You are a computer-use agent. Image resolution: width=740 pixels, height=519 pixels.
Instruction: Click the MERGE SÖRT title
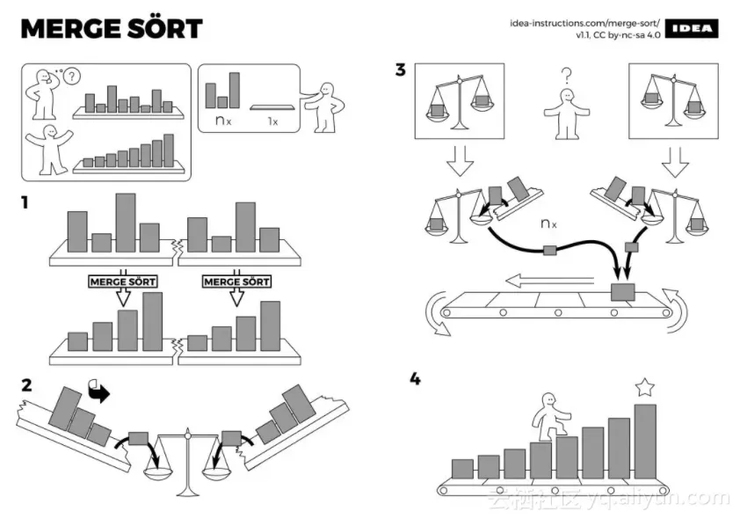point(111,28)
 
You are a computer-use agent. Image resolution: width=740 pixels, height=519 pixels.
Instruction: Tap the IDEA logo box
point(692,29)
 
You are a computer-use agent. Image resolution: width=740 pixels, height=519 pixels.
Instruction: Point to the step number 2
point(26,384)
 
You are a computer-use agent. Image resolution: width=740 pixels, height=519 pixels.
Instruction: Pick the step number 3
point(401,70)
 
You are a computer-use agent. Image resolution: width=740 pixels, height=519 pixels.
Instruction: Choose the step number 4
point(415,379)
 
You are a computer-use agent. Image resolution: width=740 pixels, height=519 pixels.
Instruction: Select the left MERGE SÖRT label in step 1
point(123,281)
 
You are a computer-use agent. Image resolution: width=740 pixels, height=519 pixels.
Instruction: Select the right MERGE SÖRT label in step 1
point(236,281)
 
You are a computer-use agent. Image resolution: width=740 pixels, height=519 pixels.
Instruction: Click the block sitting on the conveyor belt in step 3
point(623,290)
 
